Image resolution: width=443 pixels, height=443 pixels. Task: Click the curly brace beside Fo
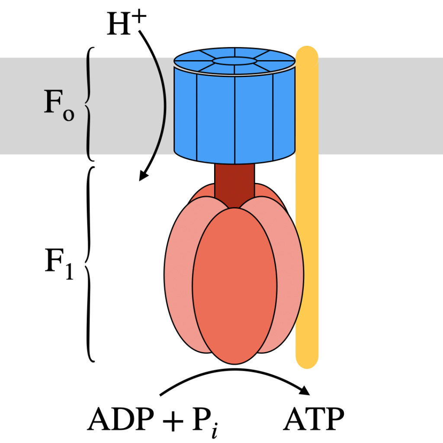[90, 104]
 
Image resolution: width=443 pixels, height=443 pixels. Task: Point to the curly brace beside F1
[90, 264]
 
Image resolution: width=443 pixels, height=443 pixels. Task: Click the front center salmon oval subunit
[234, 286]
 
